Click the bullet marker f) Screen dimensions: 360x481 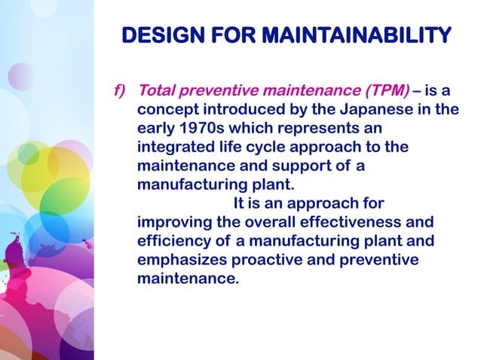pyautogui.click(x=119, y=91)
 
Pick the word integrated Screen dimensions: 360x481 pyautogui.click(x=174, y=147)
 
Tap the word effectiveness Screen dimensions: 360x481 pyautogui.click(x=357, y=222)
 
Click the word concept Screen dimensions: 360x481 pyautogui.click(x=166, y=109)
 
